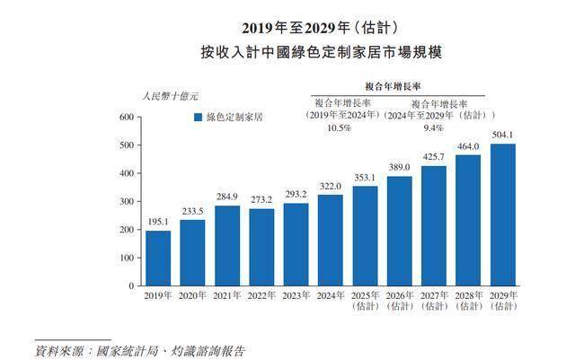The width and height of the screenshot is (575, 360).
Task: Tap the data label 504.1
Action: coord(503,136)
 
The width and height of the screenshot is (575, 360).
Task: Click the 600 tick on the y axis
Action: coord(127,118)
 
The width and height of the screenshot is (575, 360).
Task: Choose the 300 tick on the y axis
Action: coord(127,201)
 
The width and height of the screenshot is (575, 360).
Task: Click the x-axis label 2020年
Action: coord(193,295)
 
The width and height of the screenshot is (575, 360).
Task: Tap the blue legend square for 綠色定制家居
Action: coord(197,117)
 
